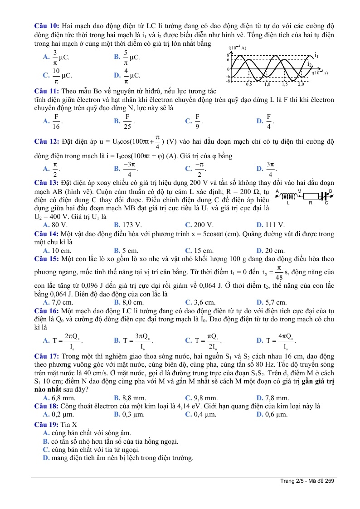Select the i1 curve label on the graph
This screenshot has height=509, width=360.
click(317, 55)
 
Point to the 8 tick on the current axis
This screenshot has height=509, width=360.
click(229, 54)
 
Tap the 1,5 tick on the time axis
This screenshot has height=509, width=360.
click(284, 84)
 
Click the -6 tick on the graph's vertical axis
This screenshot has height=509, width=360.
click(229, 77)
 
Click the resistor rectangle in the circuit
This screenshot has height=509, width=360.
click(311, 196)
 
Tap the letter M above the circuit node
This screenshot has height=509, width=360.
click(299, 191)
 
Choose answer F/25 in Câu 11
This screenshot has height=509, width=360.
click(128, 121)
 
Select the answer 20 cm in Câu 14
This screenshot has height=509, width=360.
click(274, 250)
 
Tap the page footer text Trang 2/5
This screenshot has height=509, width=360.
click(307, 481)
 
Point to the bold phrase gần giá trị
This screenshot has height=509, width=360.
click(317, 381)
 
